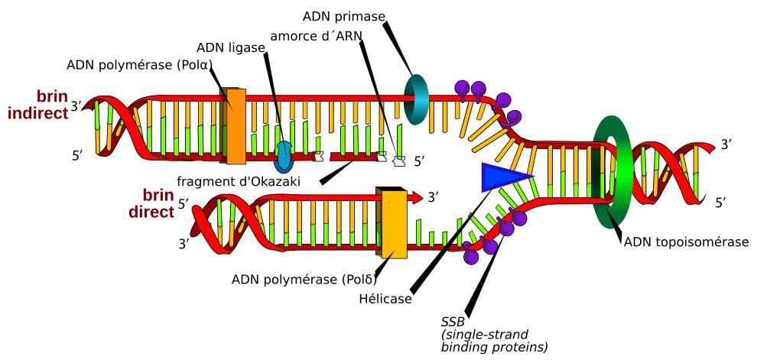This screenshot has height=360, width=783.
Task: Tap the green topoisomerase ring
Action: [612, 172]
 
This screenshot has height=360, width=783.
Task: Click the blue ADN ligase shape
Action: [284, 156]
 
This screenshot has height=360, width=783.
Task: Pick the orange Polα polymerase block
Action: [234, 126]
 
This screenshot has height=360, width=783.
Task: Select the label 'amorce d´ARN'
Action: [317, 36]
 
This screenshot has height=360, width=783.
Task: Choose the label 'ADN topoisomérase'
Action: [686, 242]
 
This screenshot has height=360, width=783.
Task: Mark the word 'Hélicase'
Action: [385, 299]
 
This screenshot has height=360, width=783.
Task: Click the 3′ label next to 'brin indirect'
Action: [76, 106]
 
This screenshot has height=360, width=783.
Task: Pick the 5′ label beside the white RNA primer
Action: [419, 161]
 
